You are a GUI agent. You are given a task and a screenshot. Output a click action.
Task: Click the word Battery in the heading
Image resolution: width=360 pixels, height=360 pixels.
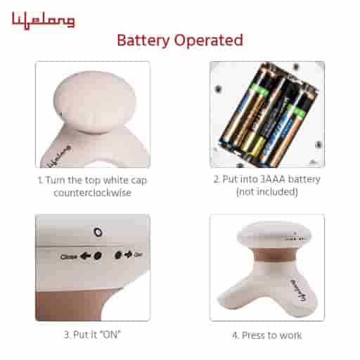coord(143,40)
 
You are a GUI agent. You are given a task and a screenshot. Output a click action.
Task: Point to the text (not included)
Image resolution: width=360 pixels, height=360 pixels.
coord(266,193)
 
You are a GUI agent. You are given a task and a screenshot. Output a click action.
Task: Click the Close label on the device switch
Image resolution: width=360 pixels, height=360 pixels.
coord(69,257)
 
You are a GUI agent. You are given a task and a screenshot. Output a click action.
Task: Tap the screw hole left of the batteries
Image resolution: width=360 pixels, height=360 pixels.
coord(218,89)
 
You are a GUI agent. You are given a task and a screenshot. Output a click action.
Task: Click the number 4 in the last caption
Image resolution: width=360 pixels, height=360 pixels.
coord(236,335)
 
